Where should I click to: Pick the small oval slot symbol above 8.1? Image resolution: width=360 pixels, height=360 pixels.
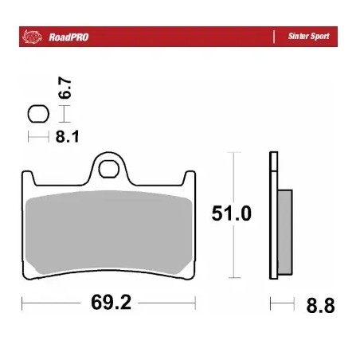point(37,114)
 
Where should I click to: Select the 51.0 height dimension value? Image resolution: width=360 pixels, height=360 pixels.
point(231,213)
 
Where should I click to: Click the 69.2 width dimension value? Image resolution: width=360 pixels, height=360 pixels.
point(109,304)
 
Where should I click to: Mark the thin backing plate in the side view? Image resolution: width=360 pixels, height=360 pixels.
point(273,215)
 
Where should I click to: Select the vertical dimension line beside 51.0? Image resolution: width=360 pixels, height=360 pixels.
point(232,175)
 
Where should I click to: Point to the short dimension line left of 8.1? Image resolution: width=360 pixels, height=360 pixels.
point(38,137)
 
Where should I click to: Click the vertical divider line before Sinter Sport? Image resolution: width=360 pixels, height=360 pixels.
point(275,37)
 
